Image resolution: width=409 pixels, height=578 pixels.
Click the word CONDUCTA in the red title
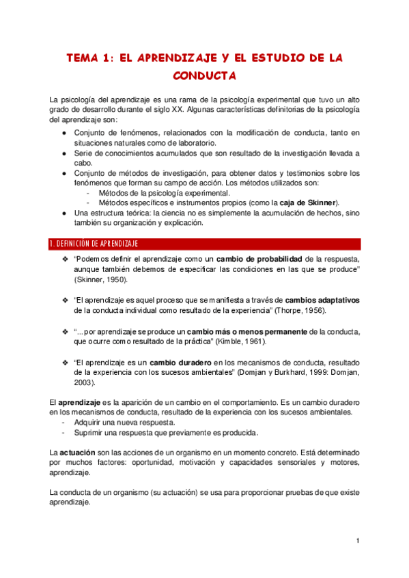click(204, 75)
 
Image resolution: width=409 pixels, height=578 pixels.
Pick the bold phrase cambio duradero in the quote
click(180, 362)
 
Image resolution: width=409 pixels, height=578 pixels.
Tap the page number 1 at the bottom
click(357, 541)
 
